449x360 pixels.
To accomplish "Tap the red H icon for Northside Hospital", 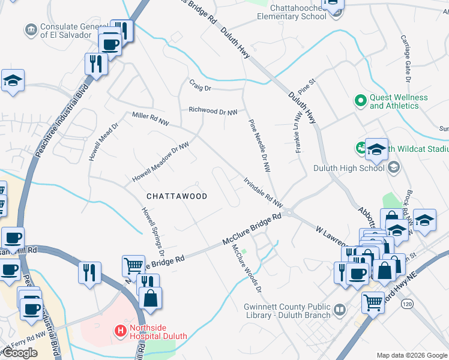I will click(121, 330).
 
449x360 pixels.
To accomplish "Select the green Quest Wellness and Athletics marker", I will click(360, 101).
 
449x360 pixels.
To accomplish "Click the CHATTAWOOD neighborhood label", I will click(177, 196).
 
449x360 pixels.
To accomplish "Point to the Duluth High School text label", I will click(349, 168).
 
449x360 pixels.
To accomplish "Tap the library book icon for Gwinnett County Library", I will click(340, 310).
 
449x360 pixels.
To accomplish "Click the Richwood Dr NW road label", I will click(214, 110).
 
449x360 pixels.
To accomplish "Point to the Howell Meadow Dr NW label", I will click(160, 163).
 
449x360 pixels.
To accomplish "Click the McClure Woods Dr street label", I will click(247, 269).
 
